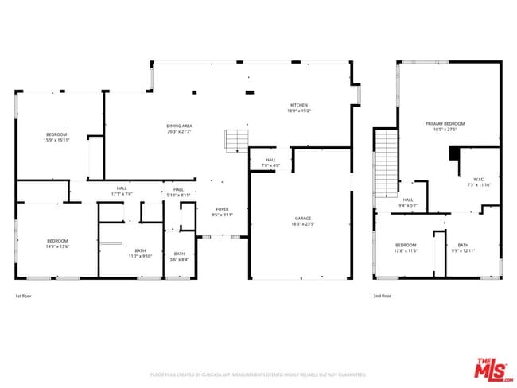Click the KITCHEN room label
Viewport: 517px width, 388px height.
pos(299,105)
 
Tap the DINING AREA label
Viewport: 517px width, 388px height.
pos(179,126)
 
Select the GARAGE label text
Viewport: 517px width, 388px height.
pos(303,218)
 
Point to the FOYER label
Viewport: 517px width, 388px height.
pos(221,209)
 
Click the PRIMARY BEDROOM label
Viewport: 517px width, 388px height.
pos(445,124)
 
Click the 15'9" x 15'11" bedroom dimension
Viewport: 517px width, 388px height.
pos(56,140)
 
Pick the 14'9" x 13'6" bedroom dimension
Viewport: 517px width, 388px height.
pos(57,246)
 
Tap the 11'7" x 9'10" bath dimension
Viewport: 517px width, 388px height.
pos(140,256)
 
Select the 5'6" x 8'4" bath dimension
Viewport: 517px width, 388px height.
pos(180,260)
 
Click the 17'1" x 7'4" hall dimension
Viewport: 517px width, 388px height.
pos(122,193)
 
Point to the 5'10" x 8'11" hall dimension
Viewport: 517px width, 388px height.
pos(178,195)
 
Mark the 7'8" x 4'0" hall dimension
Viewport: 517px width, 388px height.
pos(270,165)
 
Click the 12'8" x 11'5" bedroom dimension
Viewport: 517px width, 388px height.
pos(406,250)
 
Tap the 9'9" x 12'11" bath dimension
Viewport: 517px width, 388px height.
pos(463,250)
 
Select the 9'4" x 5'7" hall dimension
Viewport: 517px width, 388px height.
pos(407,206)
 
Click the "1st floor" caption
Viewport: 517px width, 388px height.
pos(24,296)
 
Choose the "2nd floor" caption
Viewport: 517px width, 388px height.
pos(382,296)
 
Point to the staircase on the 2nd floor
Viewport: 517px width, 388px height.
pos(386,163)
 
